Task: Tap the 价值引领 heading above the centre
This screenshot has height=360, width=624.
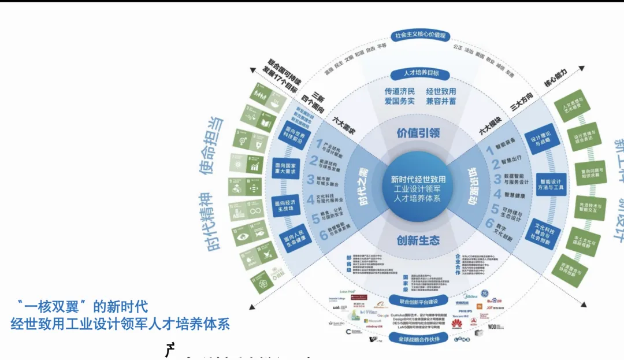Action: (x=418, y=132)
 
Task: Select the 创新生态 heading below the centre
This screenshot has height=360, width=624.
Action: (x=418, y=240)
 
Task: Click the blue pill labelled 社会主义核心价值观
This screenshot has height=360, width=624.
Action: (x=420, y=35)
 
